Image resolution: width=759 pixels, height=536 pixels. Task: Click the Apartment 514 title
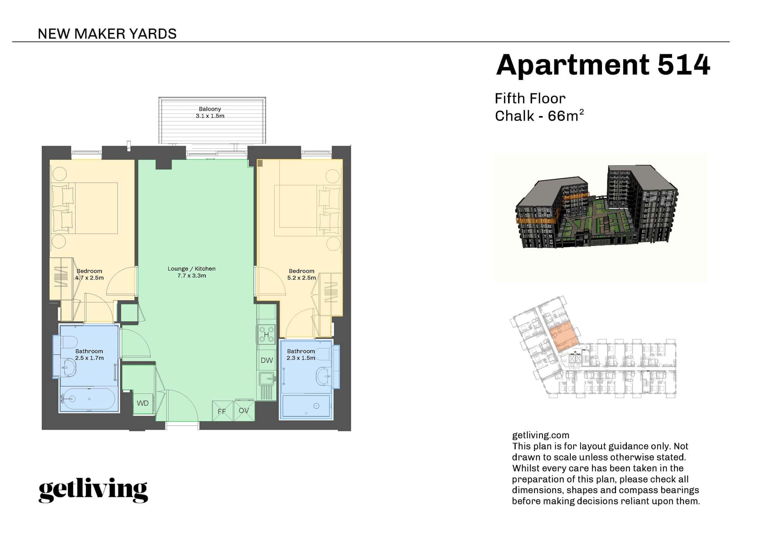pyautogui.click(x=602, y=65)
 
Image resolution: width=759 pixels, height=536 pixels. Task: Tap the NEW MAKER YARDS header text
pyautogui.click(x=107, y=34)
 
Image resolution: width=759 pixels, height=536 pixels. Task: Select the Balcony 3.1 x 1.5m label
pyautogui.click(x=210, y=113)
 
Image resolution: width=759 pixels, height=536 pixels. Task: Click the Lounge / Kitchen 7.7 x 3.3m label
pyautogui.click(x=192, y=272)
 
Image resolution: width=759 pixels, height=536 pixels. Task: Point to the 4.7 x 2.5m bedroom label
pyautogui.click(x=89, y=275)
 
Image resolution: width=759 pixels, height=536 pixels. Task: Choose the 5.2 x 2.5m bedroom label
pyautogui.click(x=302, y=275)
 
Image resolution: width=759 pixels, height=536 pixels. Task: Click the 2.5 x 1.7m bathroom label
pyautogui.click(x=89, y=355)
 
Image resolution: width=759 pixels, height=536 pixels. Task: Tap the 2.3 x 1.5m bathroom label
pyautogui.click(x=301, y=355)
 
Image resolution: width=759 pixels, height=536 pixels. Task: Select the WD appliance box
pyautogui.click(x=143, y=403)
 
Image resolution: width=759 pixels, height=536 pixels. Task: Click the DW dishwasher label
pyautogui.click(x=267, y=360)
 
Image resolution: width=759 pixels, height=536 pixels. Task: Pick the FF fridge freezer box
pyautogui.click(x=222, y=411)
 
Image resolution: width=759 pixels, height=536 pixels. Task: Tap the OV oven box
pyautogui.click(x=244, y=410)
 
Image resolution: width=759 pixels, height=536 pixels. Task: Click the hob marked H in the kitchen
pyautogui.click(x=266, y=334)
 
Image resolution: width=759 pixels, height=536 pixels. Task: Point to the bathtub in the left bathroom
pyautogui.click(x=89, y=399)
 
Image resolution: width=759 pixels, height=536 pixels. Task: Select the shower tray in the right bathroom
pyautogui.click(x=306, y=406)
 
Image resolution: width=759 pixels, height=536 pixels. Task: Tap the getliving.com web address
pyautogui.click(x=540, y=435)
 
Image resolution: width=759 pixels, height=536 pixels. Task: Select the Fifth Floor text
pyautogui.click(x=529, y=99)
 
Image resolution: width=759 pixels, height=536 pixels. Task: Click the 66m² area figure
pyautogui.click(x=566, y=116)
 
